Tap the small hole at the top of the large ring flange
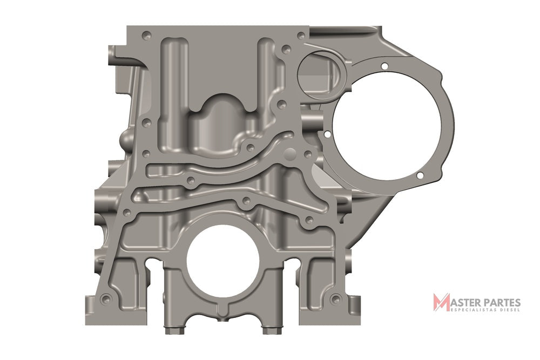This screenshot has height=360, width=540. coord(384,66)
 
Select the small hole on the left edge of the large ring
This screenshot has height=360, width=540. coord(328,134)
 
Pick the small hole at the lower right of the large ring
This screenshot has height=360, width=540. coord(420,175)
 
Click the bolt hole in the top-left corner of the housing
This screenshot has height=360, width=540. coord(146,36)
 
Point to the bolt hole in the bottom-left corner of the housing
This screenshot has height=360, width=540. coord(104,298)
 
